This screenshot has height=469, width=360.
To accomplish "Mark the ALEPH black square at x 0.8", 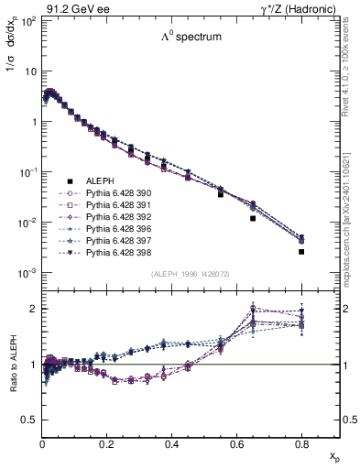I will pyautogui.click(x=301, y=251).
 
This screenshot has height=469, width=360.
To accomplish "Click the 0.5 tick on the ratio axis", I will pyautogui.click(x=31, y=420).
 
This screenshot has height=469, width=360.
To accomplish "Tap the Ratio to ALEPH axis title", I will pyautogui.click(x=11, y=365).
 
